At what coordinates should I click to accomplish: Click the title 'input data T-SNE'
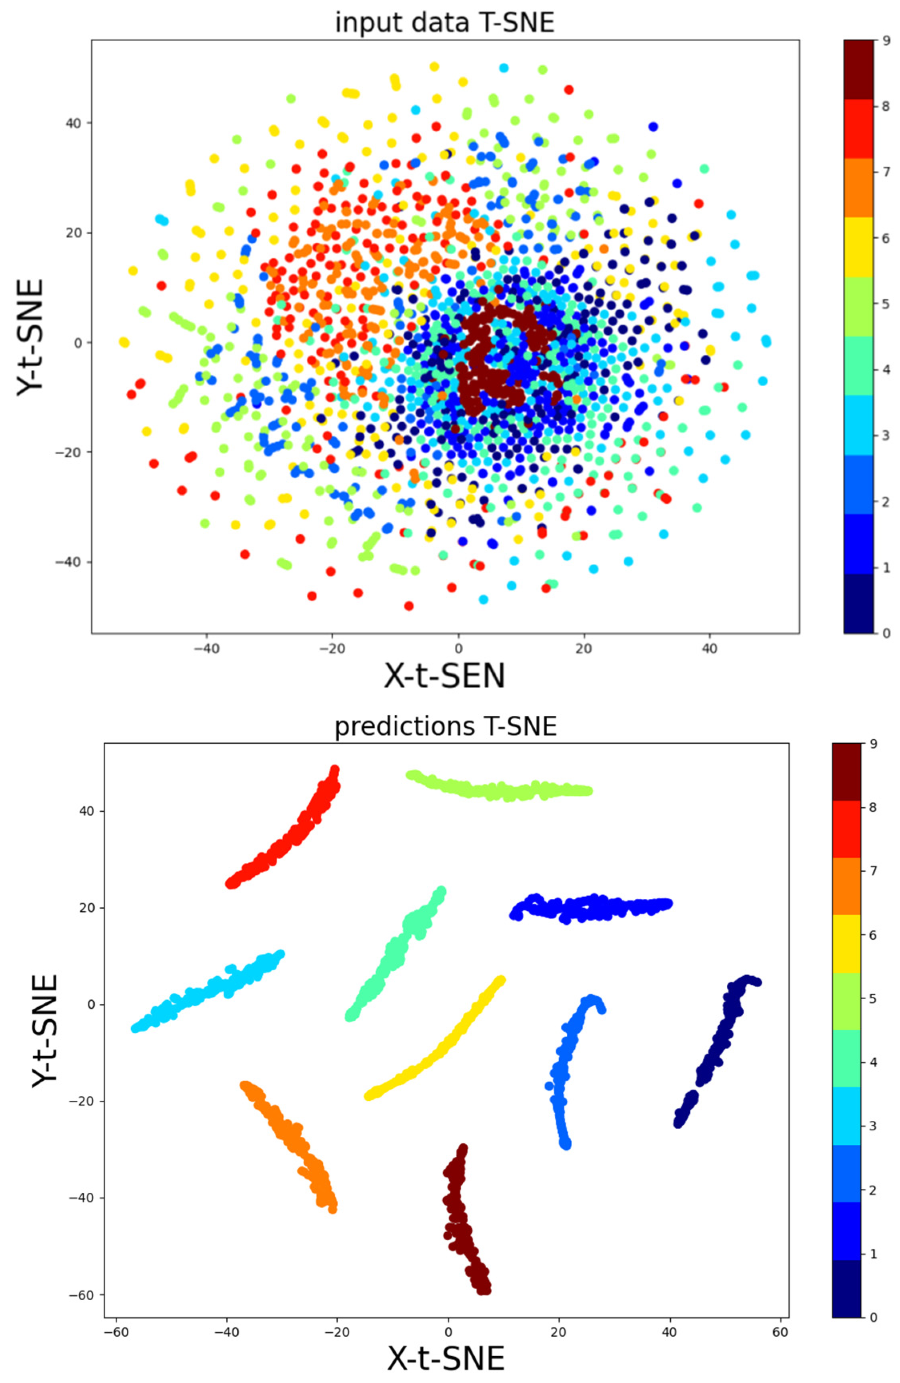coord(445,23)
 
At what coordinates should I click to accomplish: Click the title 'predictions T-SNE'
coord(445,726)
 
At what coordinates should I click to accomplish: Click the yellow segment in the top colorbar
coord(858,247)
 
